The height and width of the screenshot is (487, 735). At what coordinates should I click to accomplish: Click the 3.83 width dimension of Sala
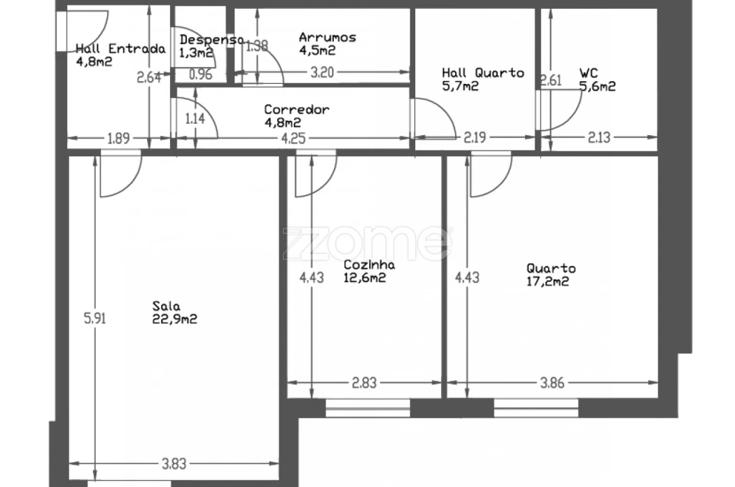click(173, 464)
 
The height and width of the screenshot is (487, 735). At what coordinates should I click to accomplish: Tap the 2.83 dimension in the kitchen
click(364, 384)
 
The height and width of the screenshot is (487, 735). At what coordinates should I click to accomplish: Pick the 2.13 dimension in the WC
click(599, 139)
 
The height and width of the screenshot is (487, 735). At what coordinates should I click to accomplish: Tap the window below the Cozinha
click(367, 408)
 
